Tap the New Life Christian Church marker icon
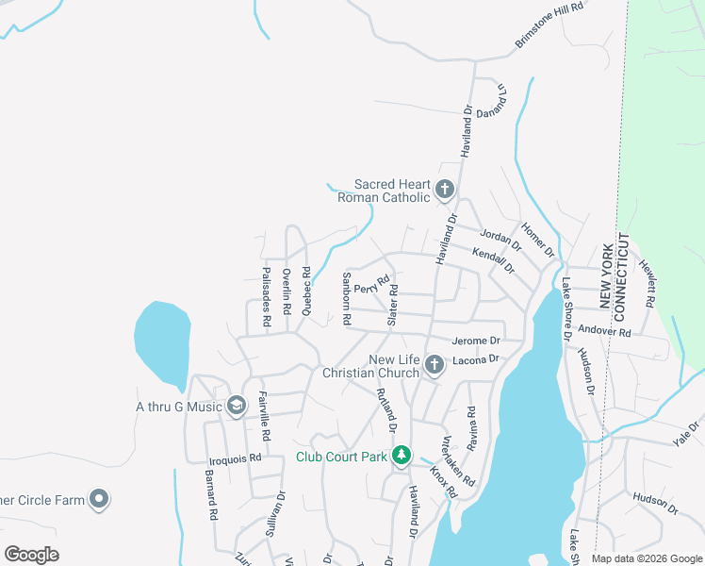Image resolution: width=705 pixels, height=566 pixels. pyautogui.click(x=434, y=365)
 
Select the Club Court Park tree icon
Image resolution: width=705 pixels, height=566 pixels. pyautogui.click(x=402, y=457)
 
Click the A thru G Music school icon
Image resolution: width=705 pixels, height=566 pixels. pyautogui.click(x=236, y=407)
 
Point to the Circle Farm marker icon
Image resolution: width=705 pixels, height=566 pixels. pyautogui.click(x=99, y=499)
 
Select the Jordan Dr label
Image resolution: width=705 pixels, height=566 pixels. pyautogui.click(x=500, y=241)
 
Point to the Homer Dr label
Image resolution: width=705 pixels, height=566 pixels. pyautogui.click(x=537, y=241)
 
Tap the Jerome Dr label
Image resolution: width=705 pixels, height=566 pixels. pyautogui.click(x=476, y=340)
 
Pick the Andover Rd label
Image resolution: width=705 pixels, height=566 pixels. pyautogui.click(x=604, y=331)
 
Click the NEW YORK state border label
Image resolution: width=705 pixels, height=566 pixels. pyautogui.click(x=606, y=275)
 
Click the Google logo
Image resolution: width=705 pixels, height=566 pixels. pyautogui.click(x=31, y=555)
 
